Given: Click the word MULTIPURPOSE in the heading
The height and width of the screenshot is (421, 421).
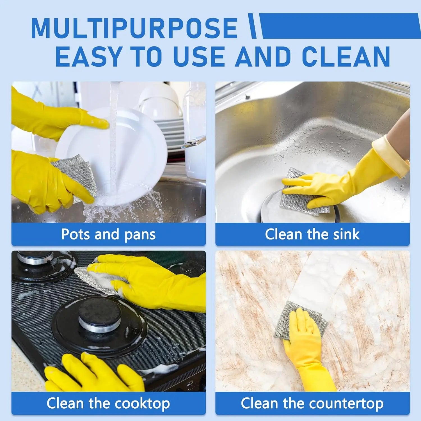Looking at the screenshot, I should (134, 28).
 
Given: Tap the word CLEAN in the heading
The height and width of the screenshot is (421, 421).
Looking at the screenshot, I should (346, 56).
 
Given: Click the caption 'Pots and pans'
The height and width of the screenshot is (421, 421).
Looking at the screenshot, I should (108, 234).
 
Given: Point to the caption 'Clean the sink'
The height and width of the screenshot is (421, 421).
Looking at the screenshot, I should (312, 234).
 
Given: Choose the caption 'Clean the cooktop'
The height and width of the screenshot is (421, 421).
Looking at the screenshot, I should (108, 403).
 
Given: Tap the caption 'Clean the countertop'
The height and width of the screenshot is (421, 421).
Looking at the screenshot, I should (312, 403).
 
